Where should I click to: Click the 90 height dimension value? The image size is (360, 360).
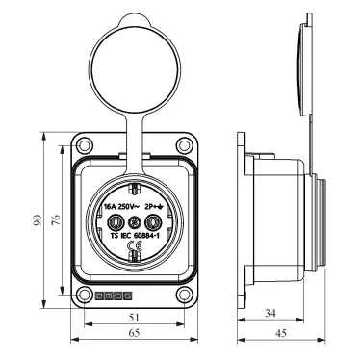(x=38, y=219)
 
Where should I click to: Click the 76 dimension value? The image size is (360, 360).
(x=56, y=219)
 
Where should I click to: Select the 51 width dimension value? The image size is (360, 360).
(x=135, y=318)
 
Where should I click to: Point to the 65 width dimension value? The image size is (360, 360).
(x=134, y=333)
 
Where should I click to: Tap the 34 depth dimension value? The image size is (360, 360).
(x=270, y=313)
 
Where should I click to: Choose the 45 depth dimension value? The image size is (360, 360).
(x=281, y=333)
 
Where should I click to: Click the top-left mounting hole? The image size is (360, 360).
(x=84, y=145)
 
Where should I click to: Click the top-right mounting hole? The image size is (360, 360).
(x=184, y=145)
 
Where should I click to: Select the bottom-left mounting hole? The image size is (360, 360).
(x=84, y=295)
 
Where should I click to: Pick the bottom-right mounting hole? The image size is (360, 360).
(x=184, y=295)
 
